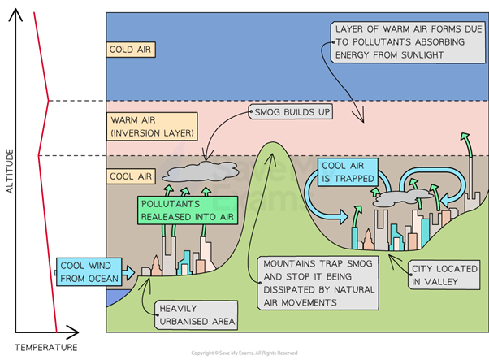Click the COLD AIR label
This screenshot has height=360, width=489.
(x=132, y=50)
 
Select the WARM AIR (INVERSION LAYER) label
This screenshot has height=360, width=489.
(x=153, y=125)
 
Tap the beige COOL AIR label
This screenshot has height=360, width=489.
(x=132, y=176)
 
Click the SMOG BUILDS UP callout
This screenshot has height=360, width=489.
(x=291, y=110)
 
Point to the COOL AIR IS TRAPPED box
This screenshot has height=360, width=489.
(x=348, y=171)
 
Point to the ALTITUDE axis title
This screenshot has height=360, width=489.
(x=10, y=171)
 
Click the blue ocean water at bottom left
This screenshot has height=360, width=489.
(x=113, y=300)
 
